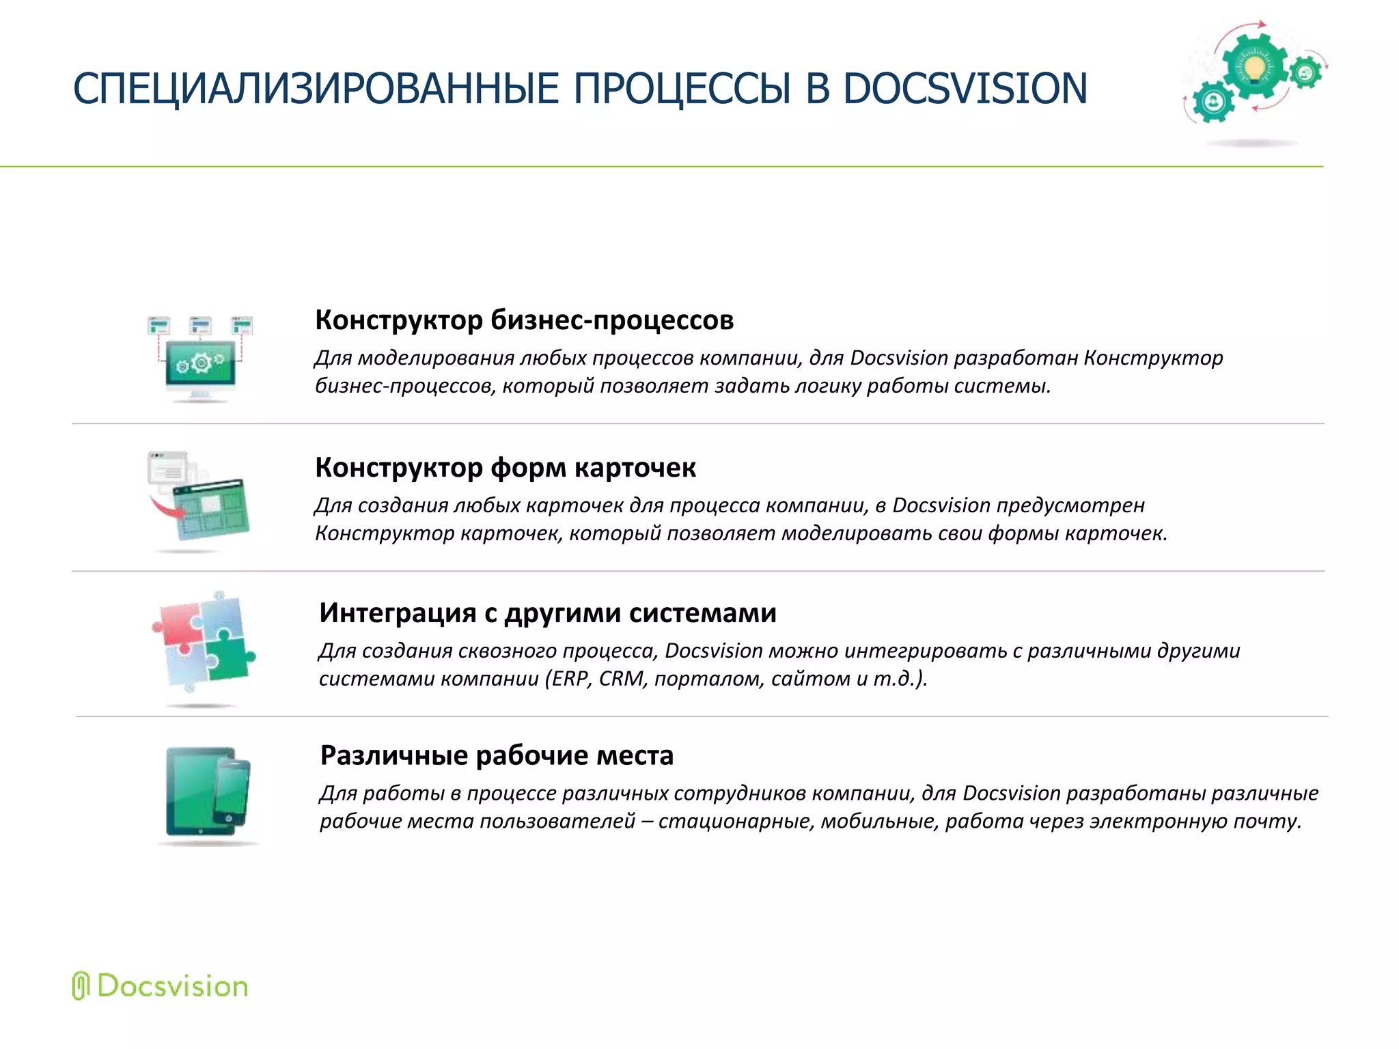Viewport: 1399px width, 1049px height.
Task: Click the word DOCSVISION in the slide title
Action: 965,89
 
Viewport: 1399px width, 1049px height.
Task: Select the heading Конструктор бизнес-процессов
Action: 524,320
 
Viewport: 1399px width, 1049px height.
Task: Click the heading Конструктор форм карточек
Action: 505,468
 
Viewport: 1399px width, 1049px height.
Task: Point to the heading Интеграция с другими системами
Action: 547,613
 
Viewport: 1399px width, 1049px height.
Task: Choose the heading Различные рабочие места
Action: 497,755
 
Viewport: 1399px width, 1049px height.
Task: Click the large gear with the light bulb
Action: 1254,66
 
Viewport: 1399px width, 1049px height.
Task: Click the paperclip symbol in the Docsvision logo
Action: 81,985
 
